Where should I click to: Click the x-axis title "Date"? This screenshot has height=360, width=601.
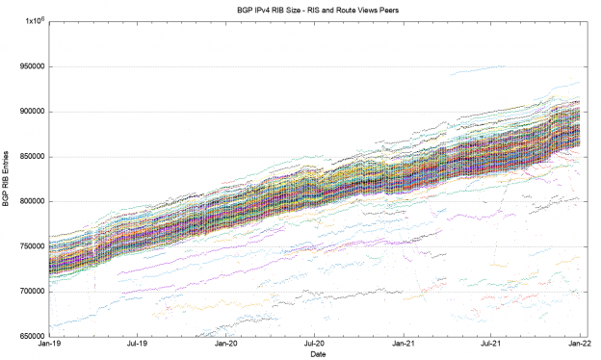(x=314, y=354)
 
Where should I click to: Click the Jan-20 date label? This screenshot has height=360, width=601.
(x=226, y=344)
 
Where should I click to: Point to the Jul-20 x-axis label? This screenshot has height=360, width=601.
(x=314, y=344)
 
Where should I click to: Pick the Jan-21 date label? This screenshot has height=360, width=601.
(x=404, y=344)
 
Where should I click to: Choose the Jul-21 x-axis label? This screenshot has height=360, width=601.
(x=491, y=344)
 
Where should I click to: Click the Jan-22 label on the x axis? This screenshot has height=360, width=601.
(x=580, y=344)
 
